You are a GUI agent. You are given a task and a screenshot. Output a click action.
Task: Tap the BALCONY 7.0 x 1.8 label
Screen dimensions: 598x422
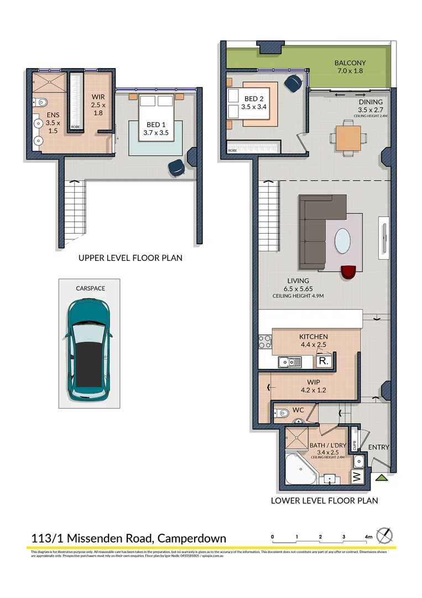(350, 67)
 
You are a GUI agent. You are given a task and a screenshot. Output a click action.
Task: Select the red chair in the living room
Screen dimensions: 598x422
(348, 272)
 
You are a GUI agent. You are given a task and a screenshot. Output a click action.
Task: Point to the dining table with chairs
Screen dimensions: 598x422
(347, 138)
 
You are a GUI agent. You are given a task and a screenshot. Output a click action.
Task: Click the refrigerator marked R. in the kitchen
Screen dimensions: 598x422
(323, 362)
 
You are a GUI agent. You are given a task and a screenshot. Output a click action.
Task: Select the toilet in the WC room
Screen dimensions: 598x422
(283, 413)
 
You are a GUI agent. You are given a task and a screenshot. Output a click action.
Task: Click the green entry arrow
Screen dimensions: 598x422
(381, 478)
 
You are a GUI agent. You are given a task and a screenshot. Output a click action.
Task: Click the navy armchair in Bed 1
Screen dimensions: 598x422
(178, 167)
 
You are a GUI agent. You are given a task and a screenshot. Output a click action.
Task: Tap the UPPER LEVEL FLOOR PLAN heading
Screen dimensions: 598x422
(130, 258)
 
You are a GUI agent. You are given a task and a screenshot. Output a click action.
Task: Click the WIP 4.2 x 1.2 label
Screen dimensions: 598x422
(314, 385)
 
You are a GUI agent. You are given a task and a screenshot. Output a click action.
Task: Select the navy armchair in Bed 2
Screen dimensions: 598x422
(293, 83)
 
